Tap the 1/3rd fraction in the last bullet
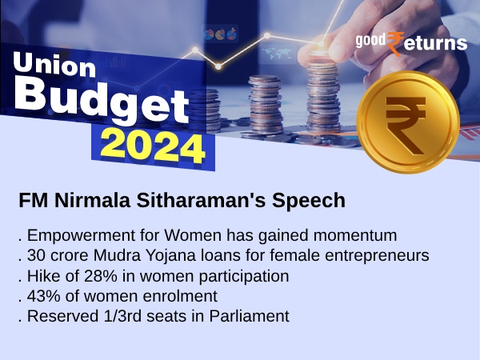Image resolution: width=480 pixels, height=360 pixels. [116, 315]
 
